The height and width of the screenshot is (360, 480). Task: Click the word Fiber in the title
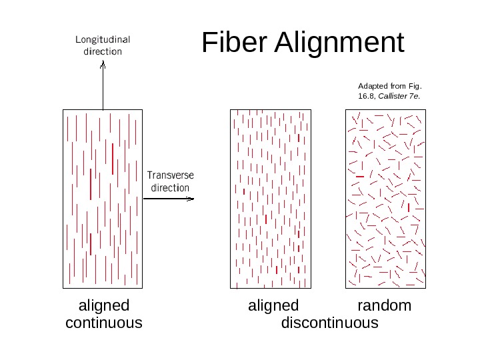233,43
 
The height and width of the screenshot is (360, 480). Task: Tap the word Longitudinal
103,39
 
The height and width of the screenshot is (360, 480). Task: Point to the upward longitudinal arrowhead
103,65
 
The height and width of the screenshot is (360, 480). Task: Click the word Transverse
170,175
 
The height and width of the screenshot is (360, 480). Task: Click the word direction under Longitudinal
103,51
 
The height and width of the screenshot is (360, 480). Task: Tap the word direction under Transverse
170,188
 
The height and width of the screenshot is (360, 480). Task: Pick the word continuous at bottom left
104,323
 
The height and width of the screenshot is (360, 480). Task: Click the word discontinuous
330,323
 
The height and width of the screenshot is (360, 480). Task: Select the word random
385,306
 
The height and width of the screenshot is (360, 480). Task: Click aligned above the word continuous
104,306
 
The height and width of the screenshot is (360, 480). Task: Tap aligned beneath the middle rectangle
273,306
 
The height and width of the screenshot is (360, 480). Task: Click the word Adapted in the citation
373,86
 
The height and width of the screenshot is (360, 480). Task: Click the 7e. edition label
415,96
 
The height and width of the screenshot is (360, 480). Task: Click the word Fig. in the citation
416,86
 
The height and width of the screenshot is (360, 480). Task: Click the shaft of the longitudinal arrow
103,90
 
